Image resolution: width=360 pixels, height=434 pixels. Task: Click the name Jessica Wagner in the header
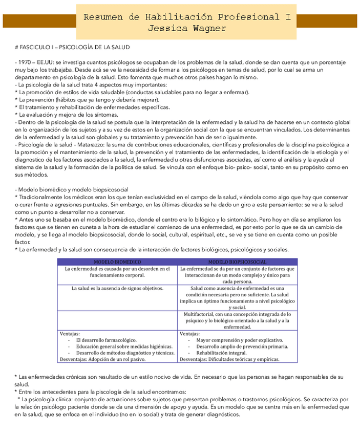[x=187, y=29]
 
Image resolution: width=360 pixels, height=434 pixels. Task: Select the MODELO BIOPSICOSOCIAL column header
[x=237, y=262]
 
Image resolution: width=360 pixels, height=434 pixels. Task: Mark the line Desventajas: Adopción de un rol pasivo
[x=103, y=359]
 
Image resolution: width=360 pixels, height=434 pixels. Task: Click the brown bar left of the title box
[x=39, y=21]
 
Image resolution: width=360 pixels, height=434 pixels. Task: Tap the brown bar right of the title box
[x=326, y=21]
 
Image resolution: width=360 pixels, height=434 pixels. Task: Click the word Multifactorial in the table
[x=201, y=314]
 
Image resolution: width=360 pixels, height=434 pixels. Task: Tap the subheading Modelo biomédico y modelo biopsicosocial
[x=72, y=189]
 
